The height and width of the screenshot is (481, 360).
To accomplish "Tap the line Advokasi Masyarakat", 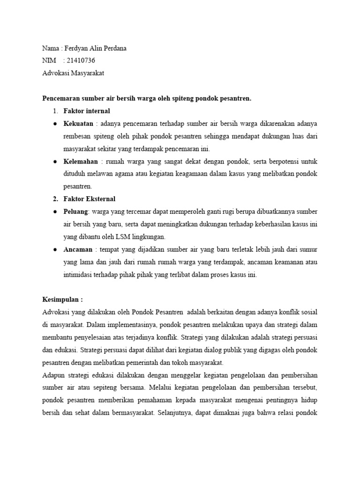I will [73, 73].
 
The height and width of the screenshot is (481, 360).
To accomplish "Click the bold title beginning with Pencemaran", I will [147, 98].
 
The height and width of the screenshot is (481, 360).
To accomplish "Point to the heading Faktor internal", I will [87, 111].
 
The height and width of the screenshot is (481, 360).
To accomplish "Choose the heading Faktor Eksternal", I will [89, 198].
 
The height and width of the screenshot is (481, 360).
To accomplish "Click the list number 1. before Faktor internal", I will [55, 111].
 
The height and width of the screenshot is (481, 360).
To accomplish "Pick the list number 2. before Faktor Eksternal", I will [55, 198].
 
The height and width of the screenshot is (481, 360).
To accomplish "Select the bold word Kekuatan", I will [78, 124].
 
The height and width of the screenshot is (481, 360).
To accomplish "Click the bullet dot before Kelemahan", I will [55, 161].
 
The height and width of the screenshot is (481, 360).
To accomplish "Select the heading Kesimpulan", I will [62, 299].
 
